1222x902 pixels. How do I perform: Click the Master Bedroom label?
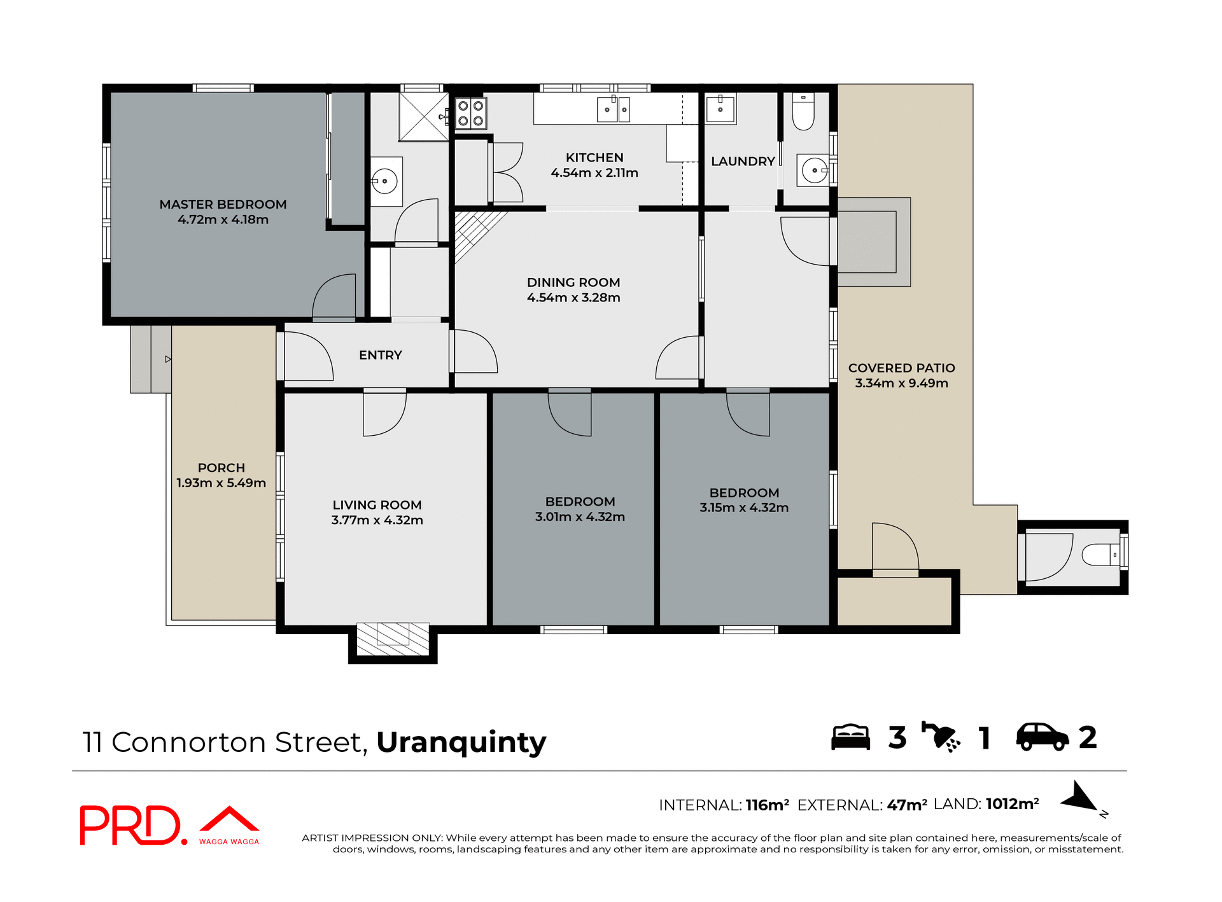click(x=223, y=204)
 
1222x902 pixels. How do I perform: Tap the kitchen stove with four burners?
click(x=470, y=113)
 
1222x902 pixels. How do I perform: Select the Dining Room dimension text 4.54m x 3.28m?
click(x=573, y=298)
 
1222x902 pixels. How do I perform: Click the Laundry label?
click(x=742, y=162)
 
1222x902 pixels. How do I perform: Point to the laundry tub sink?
click(x=720, y=109)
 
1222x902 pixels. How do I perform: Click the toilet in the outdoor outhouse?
click(x=1100, y=555)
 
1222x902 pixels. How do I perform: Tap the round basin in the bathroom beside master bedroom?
click(x=384, y=181)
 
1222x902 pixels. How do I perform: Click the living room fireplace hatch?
click(x=393, y=639)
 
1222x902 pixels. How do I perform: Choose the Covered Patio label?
click(x=901, y=368)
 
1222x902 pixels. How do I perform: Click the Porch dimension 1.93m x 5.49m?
click(x=221, y=483)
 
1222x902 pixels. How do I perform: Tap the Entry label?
click(x=380, y=355)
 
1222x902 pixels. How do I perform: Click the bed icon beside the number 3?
click(x=850, y=737)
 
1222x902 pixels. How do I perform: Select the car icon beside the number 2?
click(x=1042, y=737)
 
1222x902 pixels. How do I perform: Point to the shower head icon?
click(x=941, y=737)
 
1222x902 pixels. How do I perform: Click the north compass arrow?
click(x=1079, y=797)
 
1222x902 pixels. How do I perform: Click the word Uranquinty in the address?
click(x=461, y=742)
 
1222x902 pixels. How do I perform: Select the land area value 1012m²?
click(x=1012, y=804)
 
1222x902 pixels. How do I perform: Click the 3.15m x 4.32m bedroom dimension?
click(x=743, y=508)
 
